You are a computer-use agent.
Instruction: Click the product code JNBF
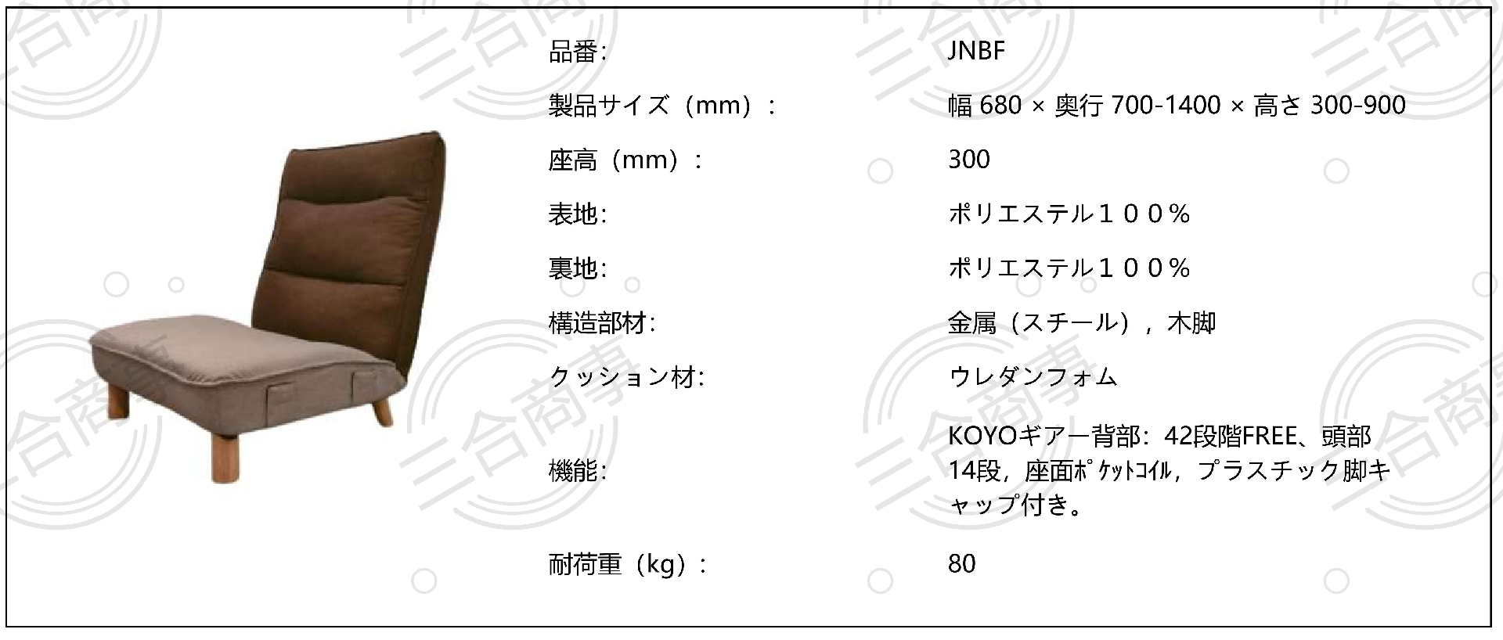(x=976, y=51)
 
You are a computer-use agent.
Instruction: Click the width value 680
(x=1000, y=105)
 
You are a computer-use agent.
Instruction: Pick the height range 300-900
(x=1358, y=105)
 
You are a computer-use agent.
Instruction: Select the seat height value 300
(x=969, y=160)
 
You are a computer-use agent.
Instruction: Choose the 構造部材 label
(x=602, y=323)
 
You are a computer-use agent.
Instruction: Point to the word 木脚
(x=1191, y=323)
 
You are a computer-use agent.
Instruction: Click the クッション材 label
(x=627, y=378)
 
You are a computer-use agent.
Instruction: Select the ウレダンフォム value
(x=1033, y=377)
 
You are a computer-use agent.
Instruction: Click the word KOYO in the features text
(x=976, y=436)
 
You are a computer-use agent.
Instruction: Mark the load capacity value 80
(x=962, y=564)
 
